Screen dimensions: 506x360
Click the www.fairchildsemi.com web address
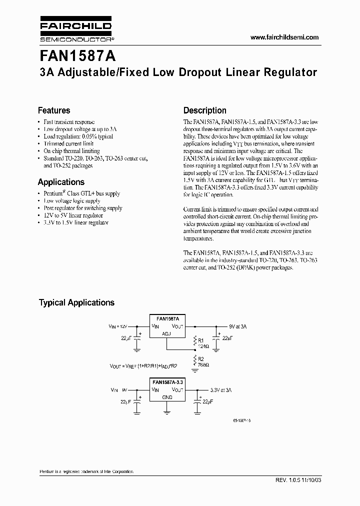tap(284, 37)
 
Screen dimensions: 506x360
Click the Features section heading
tap(54, 110)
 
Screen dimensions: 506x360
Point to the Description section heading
tap(204, 110)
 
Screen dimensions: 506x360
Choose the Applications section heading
tap(61, 182)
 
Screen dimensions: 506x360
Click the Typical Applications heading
tap(76, 302)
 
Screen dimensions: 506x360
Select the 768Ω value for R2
tap(202, 364)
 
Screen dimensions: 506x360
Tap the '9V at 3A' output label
tap(238, 325)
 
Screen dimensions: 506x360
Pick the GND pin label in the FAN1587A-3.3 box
tap(167, 397)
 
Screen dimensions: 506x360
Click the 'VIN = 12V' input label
tap(118, 325)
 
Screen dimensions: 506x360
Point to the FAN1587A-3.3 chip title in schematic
tap(167, 381)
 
